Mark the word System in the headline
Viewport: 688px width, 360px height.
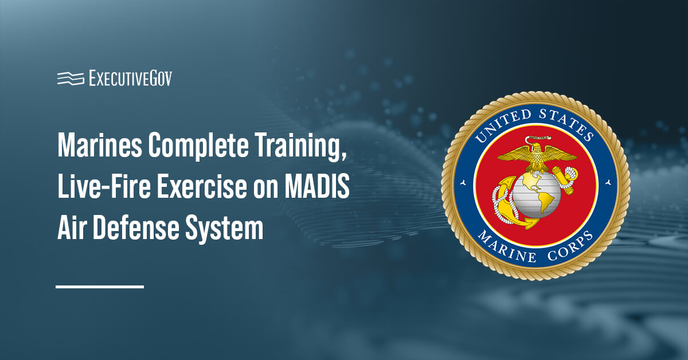coord(229,229)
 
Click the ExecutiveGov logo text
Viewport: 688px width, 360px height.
coord(130,79)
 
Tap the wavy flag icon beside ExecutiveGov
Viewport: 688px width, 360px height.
coord(70,79)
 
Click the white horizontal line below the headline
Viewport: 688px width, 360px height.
coord(100,286)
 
